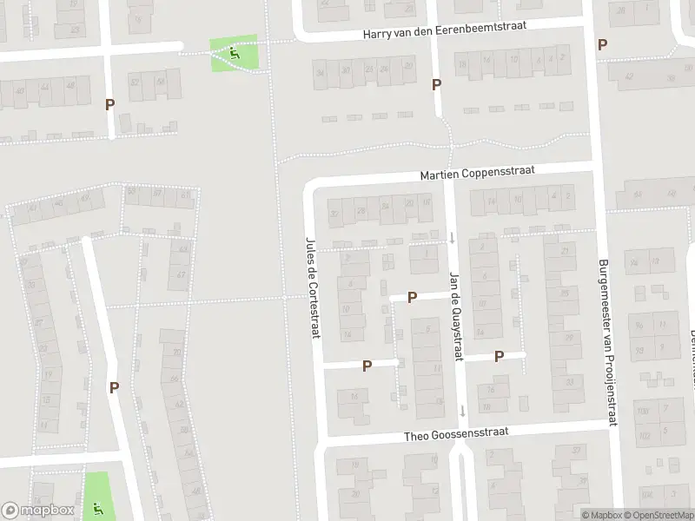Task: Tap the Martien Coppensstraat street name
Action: pos(478,172)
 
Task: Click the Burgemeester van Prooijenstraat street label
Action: pos(606,343)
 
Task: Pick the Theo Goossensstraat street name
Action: pos(456,432)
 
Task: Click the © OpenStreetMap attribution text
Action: pos(659,515)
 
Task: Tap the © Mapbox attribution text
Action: pos(601,515)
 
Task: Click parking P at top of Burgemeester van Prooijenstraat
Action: pos(601,44)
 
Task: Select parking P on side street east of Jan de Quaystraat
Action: pos(500,356)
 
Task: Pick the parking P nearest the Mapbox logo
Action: pos(114,388)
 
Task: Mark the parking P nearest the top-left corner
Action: pos(109,104)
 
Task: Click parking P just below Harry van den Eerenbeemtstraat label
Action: pos(436,84)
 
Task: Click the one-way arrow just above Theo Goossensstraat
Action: pos(463,411)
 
